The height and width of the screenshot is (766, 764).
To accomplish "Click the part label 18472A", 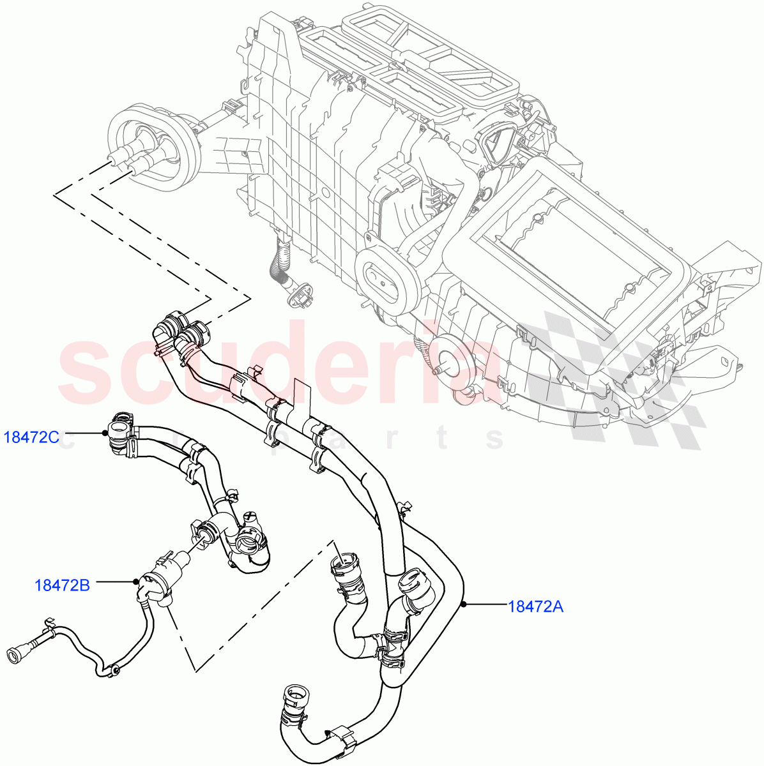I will click(x=535, y=606).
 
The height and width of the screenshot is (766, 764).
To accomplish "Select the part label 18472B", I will click(x=62, y=584).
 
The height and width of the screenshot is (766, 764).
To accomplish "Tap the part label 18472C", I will click(x=32, y=437).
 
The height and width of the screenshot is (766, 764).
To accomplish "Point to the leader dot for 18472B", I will click(x=136, y=581).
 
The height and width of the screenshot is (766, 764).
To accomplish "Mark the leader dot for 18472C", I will click(x=104, y=433).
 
